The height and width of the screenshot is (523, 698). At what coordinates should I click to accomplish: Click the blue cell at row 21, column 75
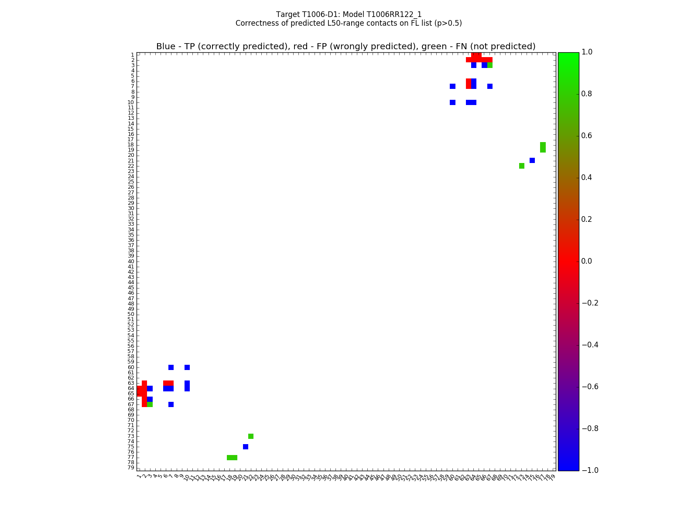pos(532,160)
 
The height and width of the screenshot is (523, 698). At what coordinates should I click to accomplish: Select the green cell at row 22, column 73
pos(522,166)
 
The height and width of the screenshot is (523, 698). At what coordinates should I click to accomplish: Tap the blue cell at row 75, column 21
pos(246,447)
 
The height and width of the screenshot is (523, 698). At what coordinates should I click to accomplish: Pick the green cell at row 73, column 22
pos(251,436)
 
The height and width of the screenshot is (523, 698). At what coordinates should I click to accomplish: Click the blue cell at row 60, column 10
pos(187,367)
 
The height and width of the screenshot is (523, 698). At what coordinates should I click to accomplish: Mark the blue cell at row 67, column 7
pos(171,404)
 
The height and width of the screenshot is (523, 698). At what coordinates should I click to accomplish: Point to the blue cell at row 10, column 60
pos(452,102)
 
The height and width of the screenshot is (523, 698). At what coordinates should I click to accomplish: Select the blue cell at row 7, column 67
pos(490,86)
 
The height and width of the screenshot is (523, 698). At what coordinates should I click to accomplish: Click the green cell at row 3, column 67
pos(490,65)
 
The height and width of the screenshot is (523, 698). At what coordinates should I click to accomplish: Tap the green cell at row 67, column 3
pos(150,404)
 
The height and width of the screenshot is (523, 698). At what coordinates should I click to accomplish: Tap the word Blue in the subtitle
pos(166,47)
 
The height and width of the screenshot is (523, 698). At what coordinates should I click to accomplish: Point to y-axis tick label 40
pos(131,261)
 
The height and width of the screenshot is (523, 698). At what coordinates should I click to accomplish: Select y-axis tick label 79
pos(131,468)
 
